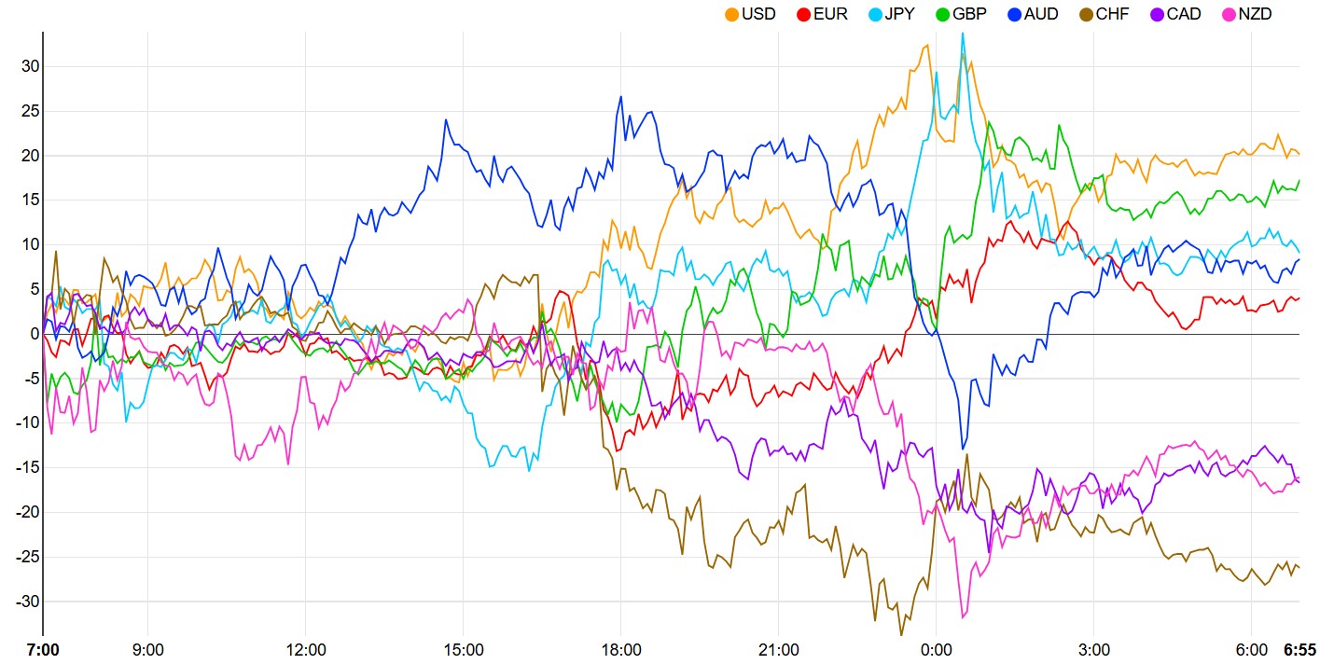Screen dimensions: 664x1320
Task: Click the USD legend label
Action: point(758,14)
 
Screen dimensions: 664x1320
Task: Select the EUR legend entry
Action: point(830,14)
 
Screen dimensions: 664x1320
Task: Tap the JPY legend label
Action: point(901,14)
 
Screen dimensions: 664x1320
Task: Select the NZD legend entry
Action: point(1255,14)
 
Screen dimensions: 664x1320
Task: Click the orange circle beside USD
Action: point(732,14)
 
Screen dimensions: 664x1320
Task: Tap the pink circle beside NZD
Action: point(1229,14)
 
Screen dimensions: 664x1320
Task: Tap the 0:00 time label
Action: point(937,649)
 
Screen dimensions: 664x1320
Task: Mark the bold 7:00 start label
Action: point(43,649)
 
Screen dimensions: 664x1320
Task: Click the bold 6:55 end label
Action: point(1300,649)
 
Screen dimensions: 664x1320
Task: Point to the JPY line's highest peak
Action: point(963,35)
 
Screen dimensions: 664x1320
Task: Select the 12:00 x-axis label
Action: point(306,649)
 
